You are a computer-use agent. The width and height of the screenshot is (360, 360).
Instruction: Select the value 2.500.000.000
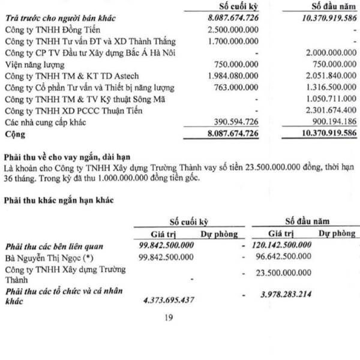(x=232, y=29)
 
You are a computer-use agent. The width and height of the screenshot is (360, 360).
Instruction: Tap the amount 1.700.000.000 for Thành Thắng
(x=232, y=41)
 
